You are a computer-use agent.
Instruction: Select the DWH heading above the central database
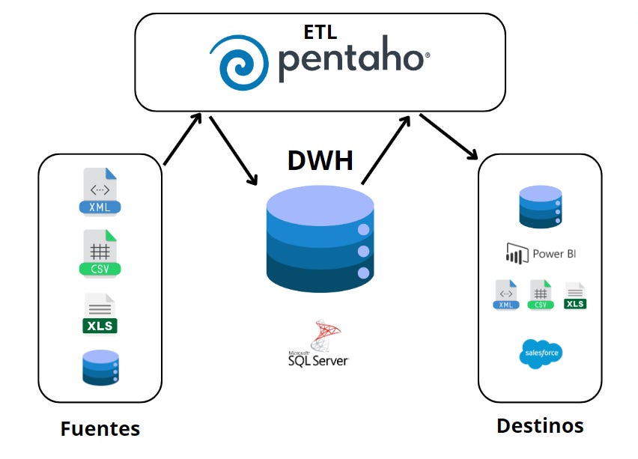(x=320, y=159)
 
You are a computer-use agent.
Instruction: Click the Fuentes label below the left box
(x=100, y=428)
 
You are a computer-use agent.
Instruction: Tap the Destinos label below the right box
(x=540, y=425)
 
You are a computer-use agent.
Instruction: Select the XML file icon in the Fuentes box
(x=100, y=192)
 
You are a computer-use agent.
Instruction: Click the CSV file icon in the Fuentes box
(x=100, y=252)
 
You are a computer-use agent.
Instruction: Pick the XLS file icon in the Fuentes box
(x=100, y=314)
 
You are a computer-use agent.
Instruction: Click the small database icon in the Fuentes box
(x=100, y=368)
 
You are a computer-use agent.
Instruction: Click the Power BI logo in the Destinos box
(x=540, y=254)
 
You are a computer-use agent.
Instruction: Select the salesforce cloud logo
(x=540, y=353)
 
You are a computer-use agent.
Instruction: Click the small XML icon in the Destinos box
(x=505, y=294)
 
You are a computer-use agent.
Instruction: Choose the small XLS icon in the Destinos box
(x=575, y=296)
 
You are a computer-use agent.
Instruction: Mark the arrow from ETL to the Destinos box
(x=448, y=136)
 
